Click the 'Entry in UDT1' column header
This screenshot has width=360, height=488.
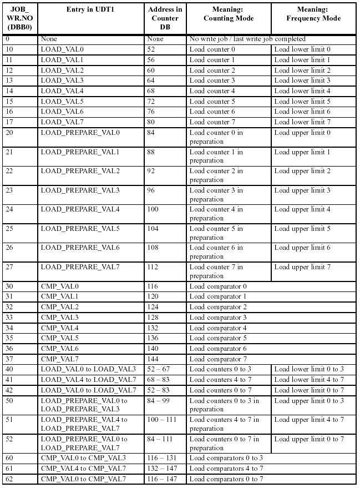click(92, 10)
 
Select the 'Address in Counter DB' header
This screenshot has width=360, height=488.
click(165, 18)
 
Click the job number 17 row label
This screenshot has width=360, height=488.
click(9, 122)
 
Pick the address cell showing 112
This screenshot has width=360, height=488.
click(153, 267)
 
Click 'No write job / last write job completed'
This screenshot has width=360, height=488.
click(247, 39)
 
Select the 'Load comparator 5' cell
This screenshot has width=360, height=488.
click(218, 338)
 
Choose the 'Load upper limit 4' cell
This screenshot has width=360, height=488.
click(302, 209)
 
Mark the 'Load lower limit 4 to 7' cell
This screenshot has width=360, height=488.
click(309, 380)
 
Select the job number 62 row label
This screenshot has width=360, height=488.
click(9, 479)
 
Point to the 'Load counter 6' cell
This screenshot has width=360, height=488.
click(212, 112)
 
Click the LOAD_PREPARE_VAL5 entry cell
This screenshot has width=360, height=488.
click(80, 229)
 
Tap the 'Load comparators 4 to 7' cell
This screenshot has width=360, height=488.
click(226, 469)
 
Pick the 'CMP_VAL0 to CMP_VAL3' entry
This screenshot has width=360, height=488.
click(83, 458)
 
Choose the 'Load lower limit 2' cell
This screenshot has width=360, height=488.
click(302, 71)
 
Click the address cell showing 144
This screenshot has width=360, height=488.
click(153, 359)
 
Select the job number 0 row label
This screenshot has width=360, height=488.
click(7, 39)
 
